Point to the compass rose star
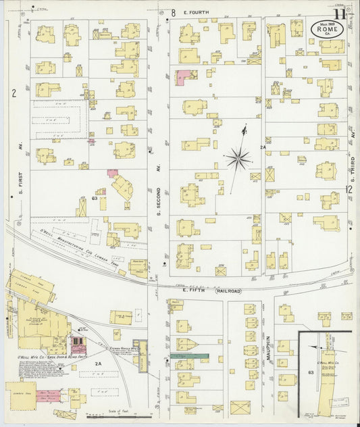pos(238,159)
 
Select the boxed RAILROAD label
pos(228,291)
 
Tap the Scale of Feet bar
pos(128,416)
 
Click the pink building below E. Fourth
pos(183,78)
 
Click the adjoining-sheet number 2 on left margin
pos(13,93)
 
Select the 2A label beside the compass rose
pos(263,147)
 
